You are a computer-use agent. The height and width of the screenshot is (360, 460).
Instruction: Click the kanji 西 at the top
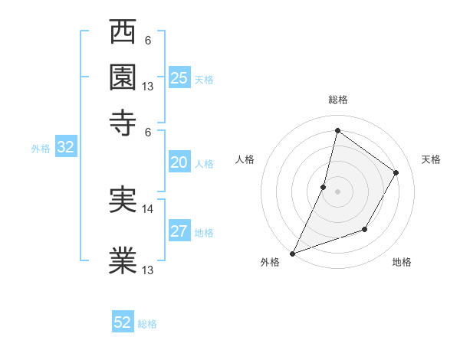[x=123, y=34]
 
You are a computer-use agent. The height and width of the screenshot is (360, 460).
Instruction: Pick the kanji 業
[x=123, y=260]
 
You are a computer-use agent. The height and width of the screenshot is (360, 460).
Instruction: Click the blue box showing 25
[x=179, y=77]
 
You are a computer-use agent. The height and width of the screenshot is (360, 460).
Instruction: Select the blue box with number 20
[x=179, y=162]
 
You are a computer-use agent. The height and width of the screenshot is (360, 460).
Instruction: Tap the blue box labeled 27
[x=179, y=231]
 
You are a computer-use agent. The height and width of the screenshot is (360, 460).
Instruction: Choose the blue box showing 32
[x=65, y=148]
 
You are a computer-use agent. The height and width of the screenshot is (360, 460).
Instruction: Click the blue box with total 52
[x=123, y=322]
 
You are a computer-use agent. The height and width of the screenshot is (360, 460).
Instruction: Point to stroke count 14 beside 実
[x=149, y=208]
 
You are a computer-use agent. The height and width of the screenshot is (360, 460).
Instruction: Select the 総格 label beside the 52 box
[x=147, y=324]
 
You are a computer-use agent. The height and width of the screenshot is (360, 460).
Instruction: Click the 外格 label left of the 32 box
[x=41, y=149]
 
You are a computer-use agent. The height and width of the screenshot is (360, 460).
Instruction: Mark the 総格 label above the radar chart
[x=337, y=100]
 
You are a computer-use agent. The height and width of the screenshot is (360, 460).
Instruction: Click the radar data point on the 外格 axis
[x=292, y=253]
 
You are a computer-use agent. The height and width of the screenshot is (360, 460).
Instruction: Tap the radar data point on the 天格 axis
[x=396, y=173]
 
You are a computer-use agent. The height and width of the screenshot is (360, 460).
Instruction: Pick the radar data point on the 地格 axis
[x=366, y=229]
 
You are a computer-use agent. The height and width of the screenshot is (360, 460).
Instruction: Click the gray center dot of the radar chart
[x=337, y=191]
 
